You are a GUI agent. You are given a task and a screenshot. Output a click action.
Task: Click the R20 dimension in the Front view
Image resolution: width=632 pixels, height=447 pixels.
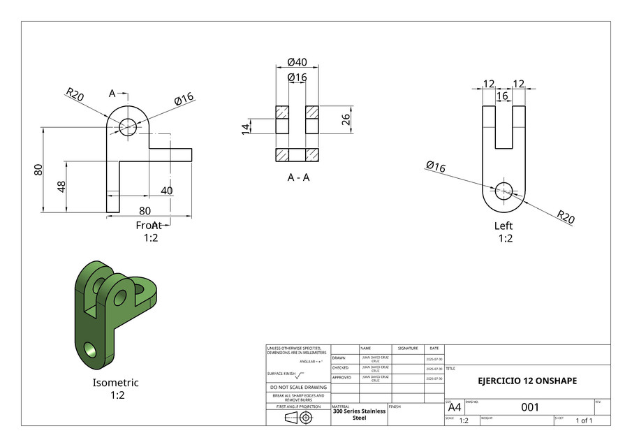tap(75, 94)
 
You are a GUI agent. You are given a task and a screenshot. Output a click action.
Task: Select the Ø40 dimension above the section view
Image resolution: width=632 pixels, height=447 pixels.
tap(297, 62)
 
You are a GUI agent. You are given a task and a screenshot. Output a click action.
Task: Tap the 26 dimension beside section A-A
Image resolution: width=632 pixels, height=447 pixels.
tap(345, 119)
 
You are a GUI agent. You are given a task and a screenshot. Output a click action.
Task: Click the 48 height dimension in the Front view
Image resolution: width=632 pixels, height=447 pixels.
tap(61, 186)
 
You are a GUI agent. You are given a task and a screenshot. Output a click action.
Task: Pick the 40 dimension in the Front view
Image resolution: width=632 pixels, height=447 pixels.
tap(167, 191)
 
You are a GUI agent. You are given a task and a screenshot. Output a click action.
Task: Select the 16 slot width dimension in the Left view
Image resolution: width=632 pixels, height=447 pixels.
tap(502, 96)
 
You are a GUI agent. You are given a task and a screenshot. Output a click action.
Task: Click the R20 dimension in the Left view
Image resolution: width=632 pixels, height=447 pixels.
tap(565, 217)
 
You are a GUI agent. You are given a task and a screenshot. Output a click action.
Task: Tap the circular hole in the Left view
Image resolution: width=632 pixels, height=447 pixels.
tap(504, 189)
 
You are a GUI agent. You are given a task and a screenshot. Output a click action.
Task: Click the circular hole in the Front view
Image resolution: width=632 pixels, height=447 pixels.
tap(128, 127)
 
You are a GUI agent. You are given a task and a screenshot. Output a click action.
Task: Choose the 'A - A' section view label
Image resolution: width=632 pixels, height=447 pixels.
tap(298, 177)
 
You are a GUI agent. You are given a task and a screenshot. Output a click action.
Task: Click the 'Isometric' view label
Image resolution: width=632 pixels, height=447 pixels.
tap(116, 383)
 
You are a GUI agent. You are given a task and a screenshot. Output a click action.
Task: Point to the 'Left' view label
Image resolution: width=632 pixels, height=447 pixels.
tap(504, 226)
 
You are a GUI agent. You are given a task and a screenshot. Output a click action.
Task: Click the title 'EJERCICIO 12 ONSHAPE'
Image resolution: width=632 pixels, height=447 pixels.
tap(527, 381)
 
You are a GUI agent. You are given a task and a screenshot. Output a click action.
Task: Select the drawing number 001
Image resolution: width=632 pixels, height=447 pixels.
tap(529, 406)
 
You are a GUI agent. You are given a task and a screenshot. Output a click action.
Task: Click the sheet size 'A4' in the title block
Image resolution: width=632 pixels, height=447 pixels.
tap(454, 407)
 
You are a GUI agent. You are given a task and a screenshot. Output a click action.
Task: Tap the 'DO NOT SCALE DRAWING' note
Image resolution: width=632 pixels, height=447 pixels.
tap(298, 387)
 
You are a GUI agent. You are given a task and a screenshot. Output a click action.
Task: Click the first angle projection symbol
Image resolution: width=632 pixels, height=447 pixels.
tap(297, 418)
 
